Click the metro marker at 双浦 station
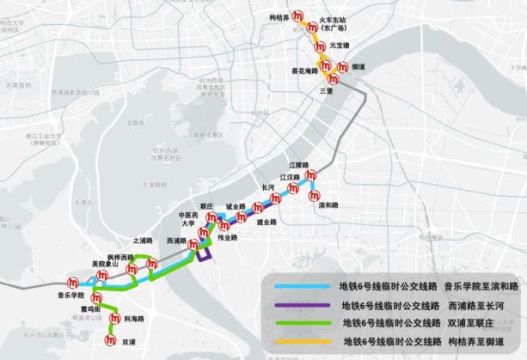click(109, 340)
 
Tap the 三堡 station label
click(326, 90)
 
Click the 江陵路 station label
click(298, 164)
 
